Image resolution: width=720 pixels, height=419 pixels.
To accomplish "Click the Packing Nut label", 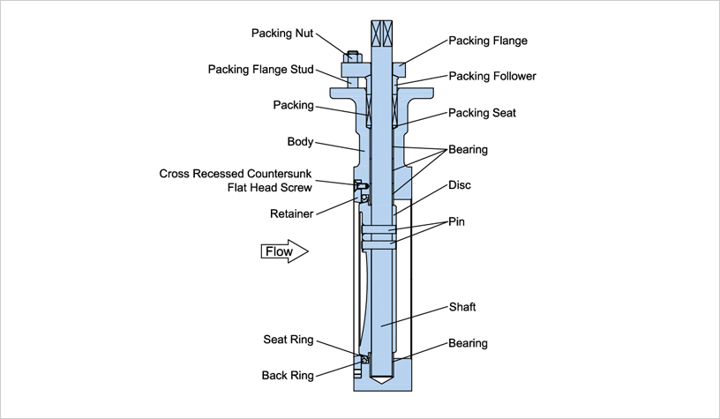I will coord(282,34).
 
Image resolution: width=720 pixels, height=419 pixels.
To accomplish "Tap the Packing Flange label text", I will coord(488,41).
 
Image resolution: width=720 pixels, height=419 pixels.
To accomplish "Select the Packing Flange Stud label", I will coord(260,69).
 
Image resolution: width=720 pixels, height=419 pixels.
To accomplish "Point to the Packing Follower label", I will coord(491,76).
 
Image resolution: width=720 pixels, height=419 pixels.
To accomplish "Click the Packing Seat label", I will coord(482,113).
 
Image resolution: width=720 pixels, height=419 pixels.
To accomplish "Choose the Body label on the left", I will coord(300,141).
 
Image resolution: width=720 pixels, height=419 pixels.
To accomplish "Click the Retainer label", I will coord(292,213).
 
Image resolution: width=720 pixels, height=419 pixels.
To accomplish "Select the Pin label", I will coord(456,222).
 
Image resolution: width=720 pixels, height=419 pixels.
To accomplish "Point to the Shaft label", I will coord(462,307).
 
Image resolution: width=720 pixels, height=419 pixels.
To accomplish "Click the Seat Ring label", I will coord(288,340).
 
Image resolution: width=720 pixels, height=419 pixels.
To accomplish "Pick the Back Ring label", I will coord(288,375).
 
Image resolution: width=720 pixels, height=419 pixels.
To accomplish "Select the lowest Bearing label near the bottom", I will coord(468,342).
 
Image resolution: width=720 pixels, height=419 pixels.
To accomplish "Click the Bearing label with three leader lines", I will coord(468,150).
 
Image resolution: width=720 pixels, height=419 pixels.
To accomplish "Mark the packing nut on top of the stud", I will coord(353,58).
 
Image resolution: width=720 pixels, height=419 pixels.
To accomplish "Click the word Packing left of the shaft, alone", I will coord(293,105).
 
